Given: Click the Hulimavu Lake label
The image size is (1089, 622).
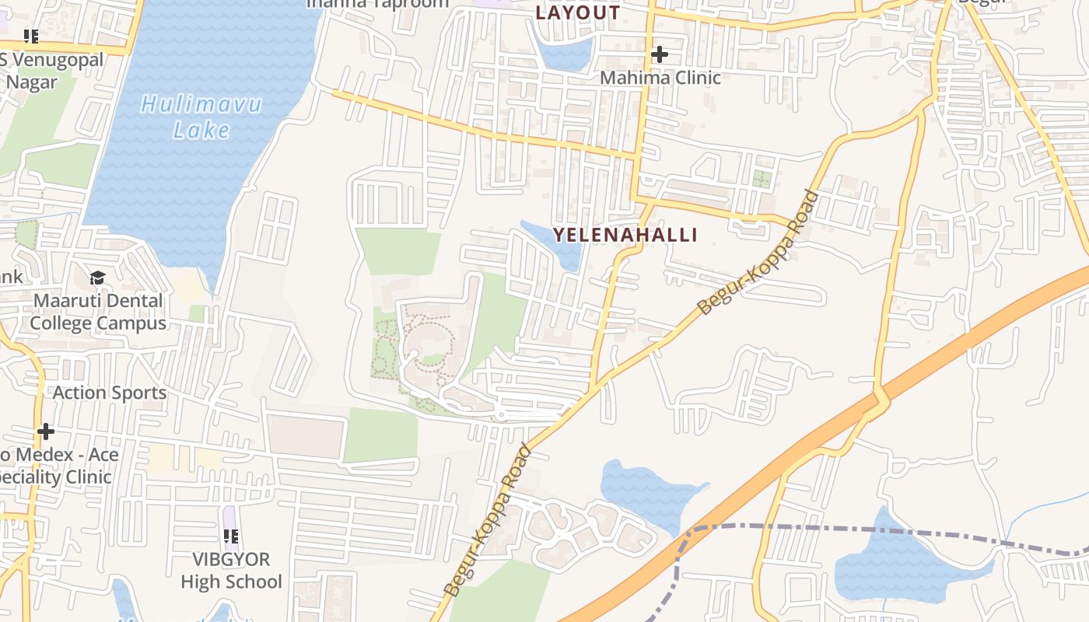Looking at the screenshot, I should tap(201, 117).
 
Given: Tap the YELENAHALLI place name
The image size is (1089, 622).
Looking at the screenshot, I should tap(625, 235).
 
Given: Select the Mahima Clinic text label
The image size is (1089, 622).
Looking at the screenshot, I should tap(660, 78).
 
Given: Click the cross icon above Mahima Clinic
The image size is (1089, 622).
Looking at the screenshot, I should tap(660, 54).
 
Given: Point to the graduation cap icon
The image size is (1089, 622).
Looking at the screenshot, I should tap(97, 278).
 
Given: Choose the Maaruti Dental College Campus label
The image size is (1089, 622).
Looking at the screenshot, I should tap(98, 312).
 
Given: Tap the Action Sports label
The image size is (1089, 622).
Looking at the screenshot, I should tap(110, 393).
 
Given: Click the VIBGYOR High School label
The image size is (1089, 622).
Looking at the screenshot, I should tap(231, 570).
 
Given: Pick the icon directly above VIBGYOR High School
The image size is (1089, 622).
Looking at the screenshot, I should tap(230, 536).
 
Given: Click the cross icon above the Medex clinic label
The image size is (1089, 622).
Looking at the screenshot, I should tap(46, 431).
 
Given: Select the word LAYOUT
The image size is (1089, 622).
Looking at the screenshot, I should tap(578, 12).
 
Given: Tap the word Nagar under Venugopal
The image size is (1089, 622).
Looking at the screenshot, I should tap(32, 82).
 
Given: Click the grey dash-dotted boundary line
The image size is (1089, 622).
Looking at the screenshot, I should tap(856, 530).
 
